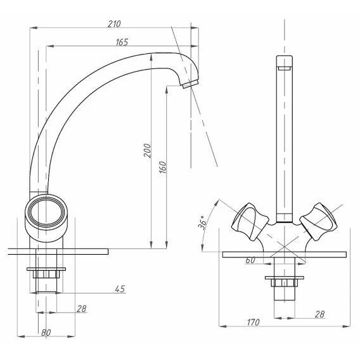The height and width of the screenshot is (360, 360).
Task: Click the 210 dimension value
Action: click(114, 24)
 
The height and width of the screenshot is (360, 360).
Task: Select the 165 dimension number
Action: click(122, 42)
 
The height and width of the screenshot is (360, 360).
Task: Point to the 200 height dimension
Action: click(148, 151)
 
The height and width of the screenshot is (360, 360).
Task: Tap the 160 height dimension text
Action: click(163, 167)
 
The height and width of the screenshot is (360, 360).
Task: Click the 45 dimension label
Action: click(120, 289)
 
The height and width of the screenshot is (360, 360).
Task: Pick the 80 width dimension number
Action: click(46, 333)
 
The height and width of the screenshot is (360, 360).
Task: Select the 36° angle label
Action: click(202, 222)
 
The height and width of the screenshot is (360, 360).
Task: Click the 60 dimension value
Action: click(250, 260)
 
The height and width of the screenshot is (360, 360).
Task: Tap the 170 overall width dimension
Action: click(254, 323)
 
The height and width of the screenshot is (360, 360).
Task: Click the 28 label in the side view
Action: click(82, 309)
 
